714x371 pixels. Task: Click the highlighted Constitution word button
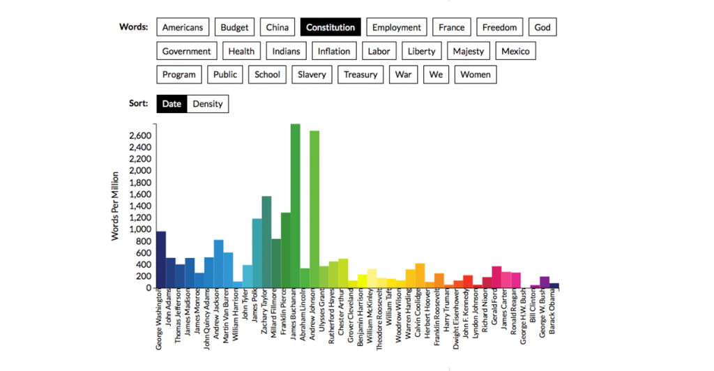pyautogui.click(x=331, y=27)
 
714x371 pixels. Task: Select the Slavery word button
pyautogui.click(x=312, y=75)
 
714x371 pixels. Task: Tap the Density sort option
pyautogui.click(x=208, y=104)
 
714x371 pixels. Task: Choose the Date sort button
pyautogui.click(x=172, y=104)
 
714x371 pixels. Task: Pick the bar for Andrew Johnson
pyautogui.click(x=314, y=209)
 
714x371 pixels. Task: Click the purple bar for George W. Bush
pyautogui.click(x=545, y=282)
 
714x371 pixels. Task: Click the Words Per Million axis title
pyautogui.click(x=116, y=206)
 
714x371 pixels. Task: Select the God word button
pyautogui.click(x=542, y=27)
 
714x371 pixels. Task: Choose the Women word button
pyautogui.click(x=476, y=75)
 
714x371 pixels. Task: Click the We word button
pyautogui.click(x=436, y=75)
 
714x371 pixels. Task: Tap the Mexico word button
pyautogui.click(x=515, y=51)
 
